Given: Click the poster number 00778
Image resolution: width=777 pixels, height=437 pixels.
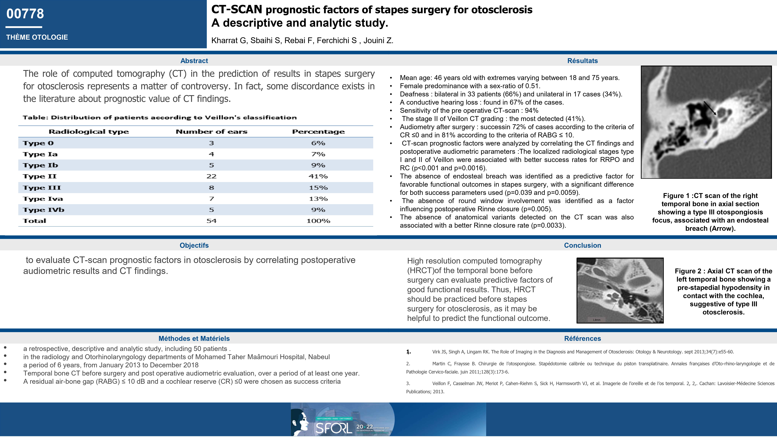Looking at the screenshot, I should [25, 14].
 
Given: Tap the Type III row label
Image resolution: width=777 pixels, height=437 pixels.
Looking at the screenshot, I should [42, 188].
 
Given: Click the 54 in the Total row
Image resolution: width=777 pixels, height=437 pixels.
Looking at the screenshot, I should [211, 221].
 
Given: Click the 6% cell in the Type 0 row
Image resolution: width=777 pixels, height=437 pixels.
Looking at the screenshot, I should [318, 143].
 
